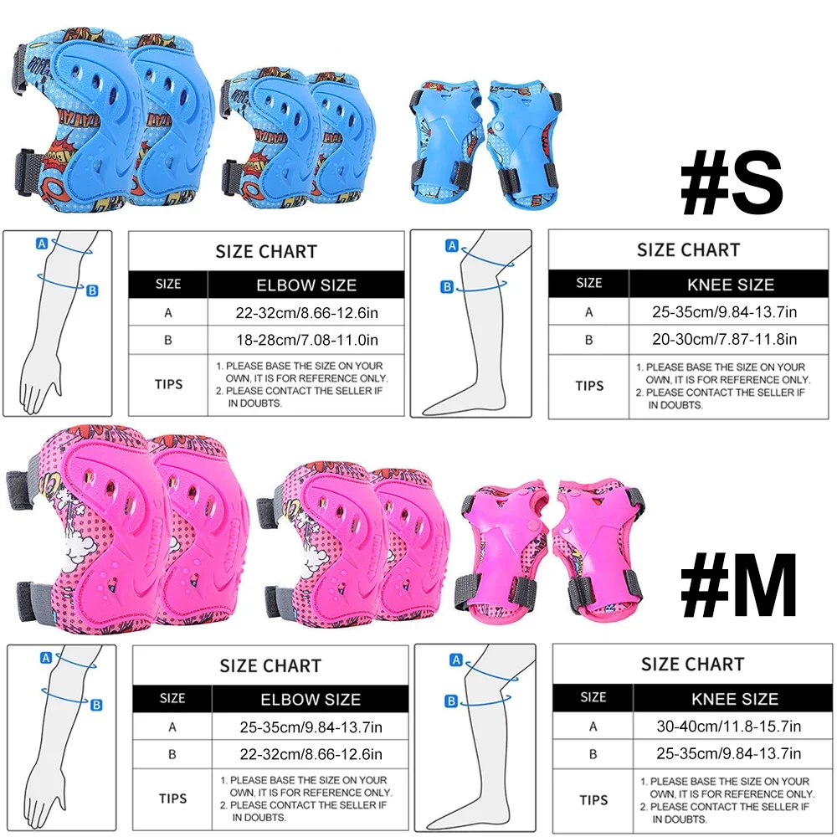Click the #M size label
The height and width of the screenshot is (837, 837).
click(x=737, y=590)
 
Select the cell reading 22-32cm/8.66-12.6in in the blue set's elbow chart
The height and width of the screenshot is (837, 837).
click(x=306, y=312)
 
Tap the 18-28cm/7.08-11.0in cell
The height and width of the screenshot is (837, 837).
click(x=306, y=340)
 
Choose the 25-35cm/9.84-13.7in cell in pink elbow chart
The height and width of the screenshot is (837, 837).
click(x=311, y=727)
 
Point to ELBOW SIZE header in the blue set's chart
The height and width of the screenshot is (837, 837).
click(x=306, y=285)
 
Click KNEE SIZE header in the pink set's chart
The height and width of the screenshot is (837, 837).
click(x=735, y=698)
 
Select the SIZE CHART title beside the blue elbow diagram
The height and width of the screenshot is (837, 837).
click(x=266, y=252)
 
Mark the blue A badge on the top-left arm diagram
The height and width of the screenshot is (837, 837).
click(x=41, y=244)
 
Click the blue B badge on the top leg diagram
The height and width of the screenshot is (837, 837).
click(x=447, y=287)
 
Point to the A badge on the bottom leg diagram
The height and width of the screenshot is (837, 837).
click(x=456, y=660)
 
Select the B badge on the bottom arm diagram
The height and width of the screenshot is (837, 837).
click(x=96, y=705)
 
